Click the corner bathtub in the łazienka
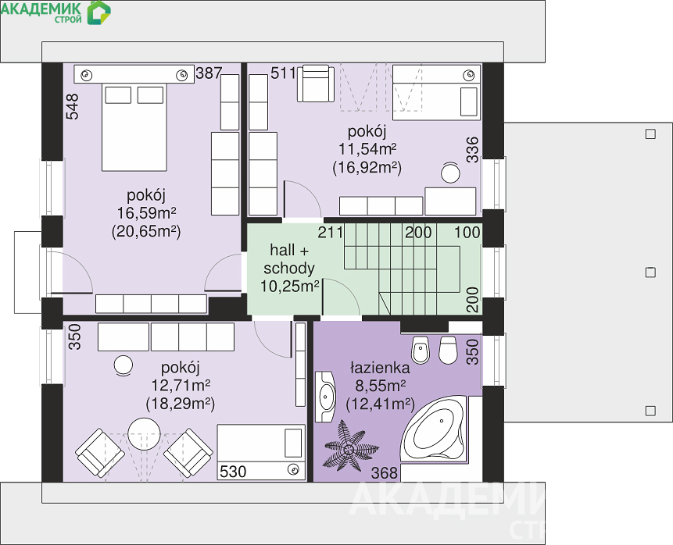[434, 429]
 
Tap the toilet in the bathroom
[448, 351]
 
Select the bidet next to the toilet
[421, 351]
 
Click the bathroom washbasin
[326, 397]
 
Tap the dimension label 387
[209, 73]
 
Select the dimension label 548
[72, 106]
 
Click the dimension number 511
[283, 73]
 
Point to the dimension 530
[233, 472]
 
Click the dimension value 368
[385, 472]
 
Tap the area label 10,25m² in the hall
[290, 286]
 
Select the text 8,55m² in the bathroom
[381, 386]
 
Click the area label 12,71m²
[181, 386]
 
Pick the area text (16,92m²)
[367, 167]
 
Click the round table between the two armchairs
[144, 433]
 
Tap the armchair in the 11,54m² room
[316, 84]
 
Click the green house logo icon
[98, 12]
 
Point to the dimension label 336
[472, 150]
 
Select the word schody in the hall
[289, 268]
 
